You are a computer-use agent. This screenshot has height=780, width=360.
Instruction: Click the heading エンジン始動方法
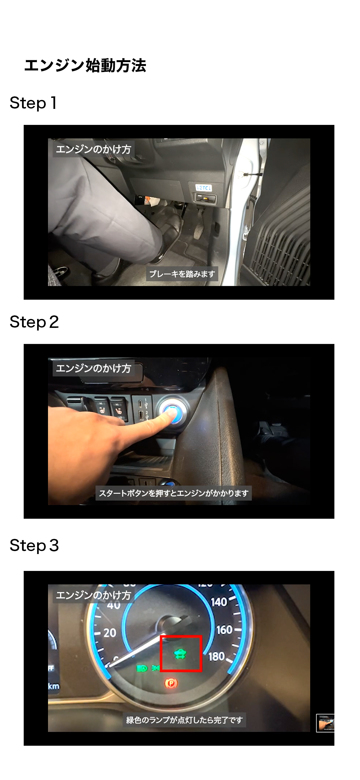tap(85, 66)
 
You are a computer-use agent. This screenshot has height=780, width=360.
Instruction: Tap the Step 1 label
tap(33, 103)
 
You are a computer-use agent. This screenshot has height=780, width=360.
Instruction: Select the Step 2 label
tap(34, 322)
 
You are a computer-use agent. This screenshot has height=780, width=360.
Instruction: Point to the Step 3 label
tap(34, 545)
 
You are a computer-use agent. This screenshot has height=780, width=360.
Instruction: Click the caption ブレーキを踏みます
tap(182, 274)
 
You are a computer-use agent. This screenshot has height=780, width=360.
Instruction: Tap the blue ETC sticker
tap(204, 188)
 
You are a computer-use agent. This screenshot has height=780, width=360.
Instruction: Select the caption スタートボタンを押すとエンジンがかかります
tap(174, 493)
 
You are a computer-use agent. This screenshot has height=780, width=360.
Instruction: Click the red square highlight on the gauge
tap(181, 653)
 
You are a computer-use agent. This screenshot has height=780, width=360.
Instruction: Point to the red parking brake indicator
tap(171, 683)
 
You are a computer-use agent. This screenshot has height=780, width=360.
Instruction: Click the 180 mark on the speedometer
tap(216, 656)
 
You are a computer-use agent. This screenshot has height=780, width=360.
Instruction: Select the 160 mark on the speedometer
tap(224, 630)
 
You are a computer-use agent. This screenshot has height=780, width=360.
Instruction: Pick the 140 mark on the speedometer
tap(219, 602)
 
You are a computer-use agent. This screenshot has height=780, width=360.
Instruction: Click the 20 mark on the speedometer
tap(110, 632)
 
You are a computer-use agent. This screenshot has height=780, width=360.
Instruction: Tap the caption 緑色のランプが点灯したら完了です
tap(184, 720)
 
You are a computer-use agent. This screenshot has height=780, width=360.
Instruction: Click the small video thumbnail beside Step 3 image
tap(325, 723)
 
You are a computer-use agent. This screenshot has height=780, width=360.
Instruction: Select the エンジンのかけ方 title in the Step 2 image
tap(93, 368)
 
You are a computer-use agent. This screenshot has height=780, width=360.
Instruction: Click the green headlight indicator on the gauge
tap(142, 668)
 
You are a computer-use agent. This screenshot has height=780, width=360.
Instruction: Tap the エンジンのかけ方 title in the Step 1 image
tap(93, 149)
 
